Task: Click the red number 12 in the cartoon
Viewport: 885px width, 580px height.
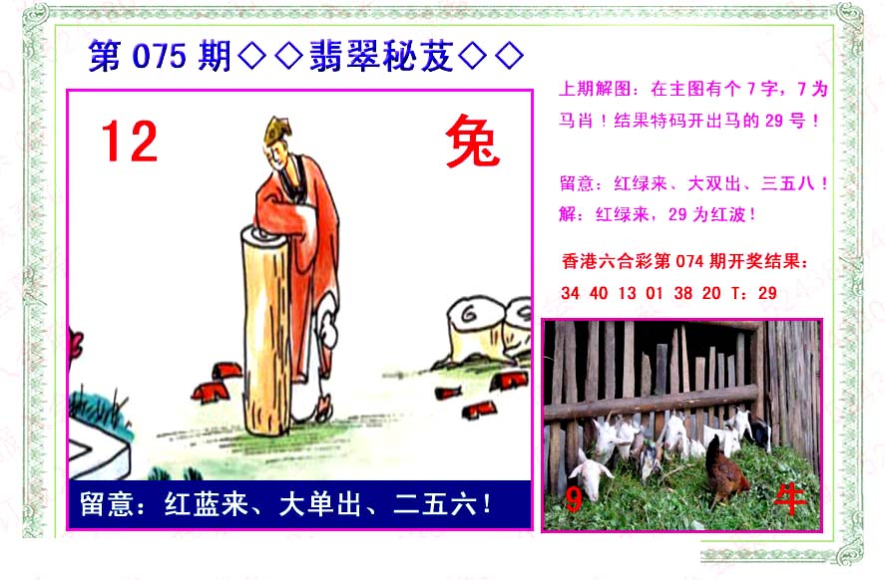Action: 130,141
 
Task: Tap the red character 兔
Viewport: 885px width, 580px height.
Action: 473,141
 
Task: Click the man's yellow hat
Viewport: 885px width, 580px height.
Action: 276,130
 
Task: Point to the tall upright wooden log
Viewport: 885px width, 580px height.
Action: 265,330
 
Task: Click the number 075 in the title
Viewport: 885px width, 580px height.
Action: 159,56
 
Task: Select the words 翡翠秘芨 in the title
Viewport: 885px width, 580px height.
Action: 381,56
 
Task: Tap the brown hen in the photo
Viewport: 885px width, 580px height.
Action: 725,472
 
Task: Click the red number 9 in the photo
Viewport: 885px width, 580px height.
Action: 574,499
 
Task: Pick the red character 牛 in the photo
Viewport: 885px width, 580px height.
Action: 790,499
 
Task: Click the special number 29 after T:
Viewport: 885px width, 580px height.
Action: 767,293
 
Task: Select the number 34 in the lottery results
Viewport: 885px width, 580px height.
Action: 570,293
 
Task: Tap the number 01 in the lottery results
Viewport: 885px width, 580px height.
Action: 655,293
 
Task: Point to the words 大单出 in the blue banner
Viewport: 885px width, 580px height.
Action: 320,504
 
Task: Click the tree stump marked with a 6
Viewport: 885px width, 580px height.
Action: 476,329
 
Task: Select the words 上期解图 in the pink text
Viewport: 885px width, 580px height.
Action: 595,89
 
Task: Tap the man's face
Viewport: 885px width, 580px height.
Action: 275,152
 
